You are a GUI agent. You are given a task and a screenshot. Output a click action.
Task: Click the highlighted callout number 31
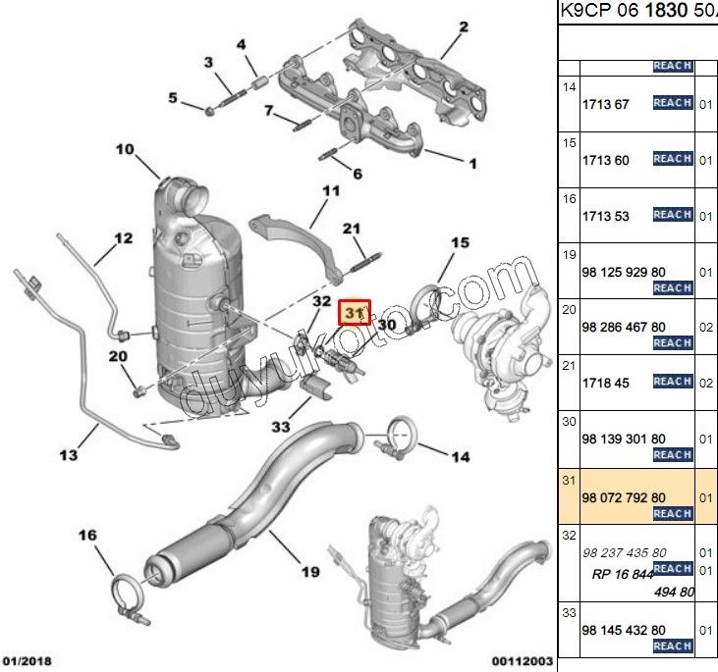(x=353, y=311)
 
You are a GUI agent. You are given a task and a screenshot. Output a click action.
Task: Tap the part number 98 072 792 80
(x=624, y=497)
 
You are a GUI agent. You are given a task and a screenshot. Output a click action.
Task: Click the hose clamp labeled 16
(x=125, y=592)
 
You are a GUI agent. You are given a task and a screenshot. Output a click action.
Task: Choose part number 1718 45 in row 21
(x=604, y=382)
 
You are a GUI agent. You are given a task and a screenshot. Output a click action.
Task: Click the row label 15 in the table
(x=569, y=143)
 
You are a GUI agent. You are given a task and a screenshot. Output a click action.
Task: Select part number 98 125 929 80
(x=624, y=270)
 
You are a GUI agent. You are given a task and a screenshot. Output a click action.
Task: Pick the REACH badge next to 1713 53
(x=673, y=215)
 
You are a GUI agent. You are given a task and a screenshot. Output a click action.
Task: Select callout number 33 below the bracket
(x=282, y=427)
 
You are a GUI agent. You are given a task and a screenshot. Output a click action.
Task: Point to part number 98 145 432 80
(x=624, y=629)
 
